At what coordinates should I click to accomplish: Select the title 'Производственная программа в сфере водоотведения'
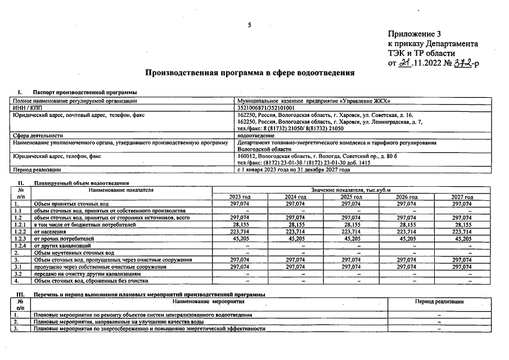coord(250,73)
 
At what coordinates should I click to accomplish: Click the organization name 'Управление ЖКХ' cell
coord(314,101)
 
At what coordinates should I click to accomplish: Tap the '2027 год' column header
coord(462,197)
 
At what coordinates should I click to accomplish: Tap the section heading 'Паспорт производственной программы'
coord(85,92)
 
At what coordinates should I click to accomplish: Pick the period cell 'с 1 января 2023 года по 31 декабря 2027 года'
coord(294,169)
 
